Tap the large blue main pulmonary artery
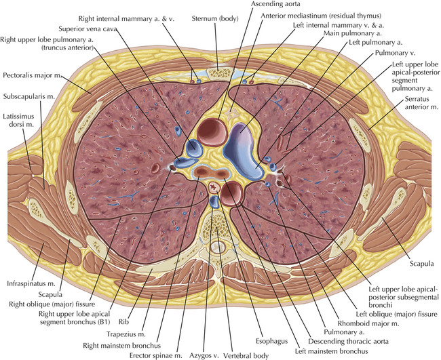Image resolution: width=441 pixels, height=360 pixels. pos(242,144)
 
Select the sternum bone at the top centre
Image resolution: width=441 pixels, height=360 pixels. pos(218,69)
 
